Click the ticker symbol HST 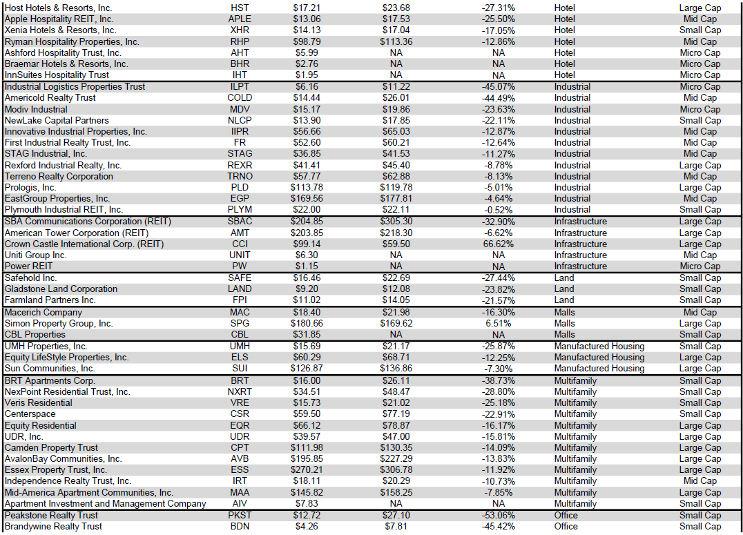tap(240, 8)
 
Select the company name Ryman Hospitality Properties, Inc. tap(72, 41)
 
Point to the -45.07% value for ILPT tap(498, 87)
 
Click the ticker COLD tap(240, 98)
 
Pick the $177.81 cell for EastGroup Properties tap(396, 198)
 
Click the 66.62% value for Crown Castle tap(498, 244)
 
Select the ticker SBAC tap(240, 222)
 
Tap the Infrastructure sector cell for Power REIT tap(580, 266)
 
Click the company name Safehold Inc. tap(30, 278)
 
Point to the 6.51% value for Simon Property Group tap(498, 323)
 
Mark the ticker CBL tap(240, 334)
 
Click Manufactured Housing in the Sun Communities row tap(599, 368)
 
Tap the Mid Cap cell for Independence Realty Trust tap(699, 480)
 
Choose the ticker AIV tap(240, 503)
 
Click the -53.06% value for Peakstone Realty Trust tap(498, 515)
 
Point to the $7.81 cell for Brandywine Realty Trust tap(396, 526)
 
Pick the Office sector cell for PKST tap(566, 515)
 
